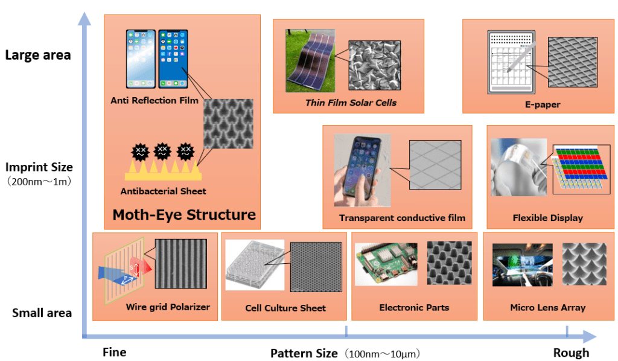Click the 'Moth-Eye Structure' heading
point(184,215)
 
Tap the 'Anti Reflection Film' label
point(154,100)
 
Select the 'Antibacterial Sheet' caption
point(163,191)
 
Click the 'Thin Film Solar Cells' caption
point(351,103)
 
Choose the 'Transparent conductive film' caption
point(402,218)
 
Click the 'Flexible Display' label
point(547,218)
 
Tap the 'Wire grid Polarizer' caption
point(168,307)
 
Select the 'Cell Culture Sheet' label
point(285,308)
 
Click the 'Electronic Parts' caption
point(414,307)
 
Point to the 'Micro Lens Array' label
point(547,307)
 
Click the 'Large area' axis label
point(38,55)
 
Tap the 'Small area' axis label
point(42,313)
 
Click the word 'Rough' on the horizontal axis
point(571,353)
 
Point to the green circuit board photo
point(386,264)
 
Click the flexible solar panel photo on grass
point(310,60)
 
